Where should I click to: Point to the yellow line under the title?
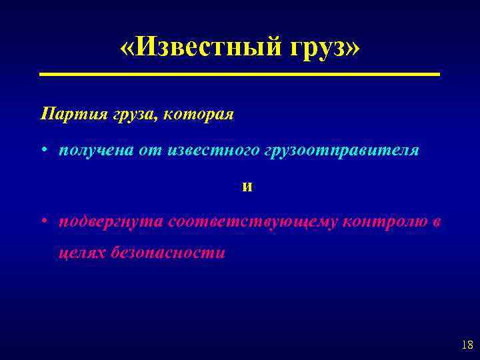(x=240, y=74)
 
